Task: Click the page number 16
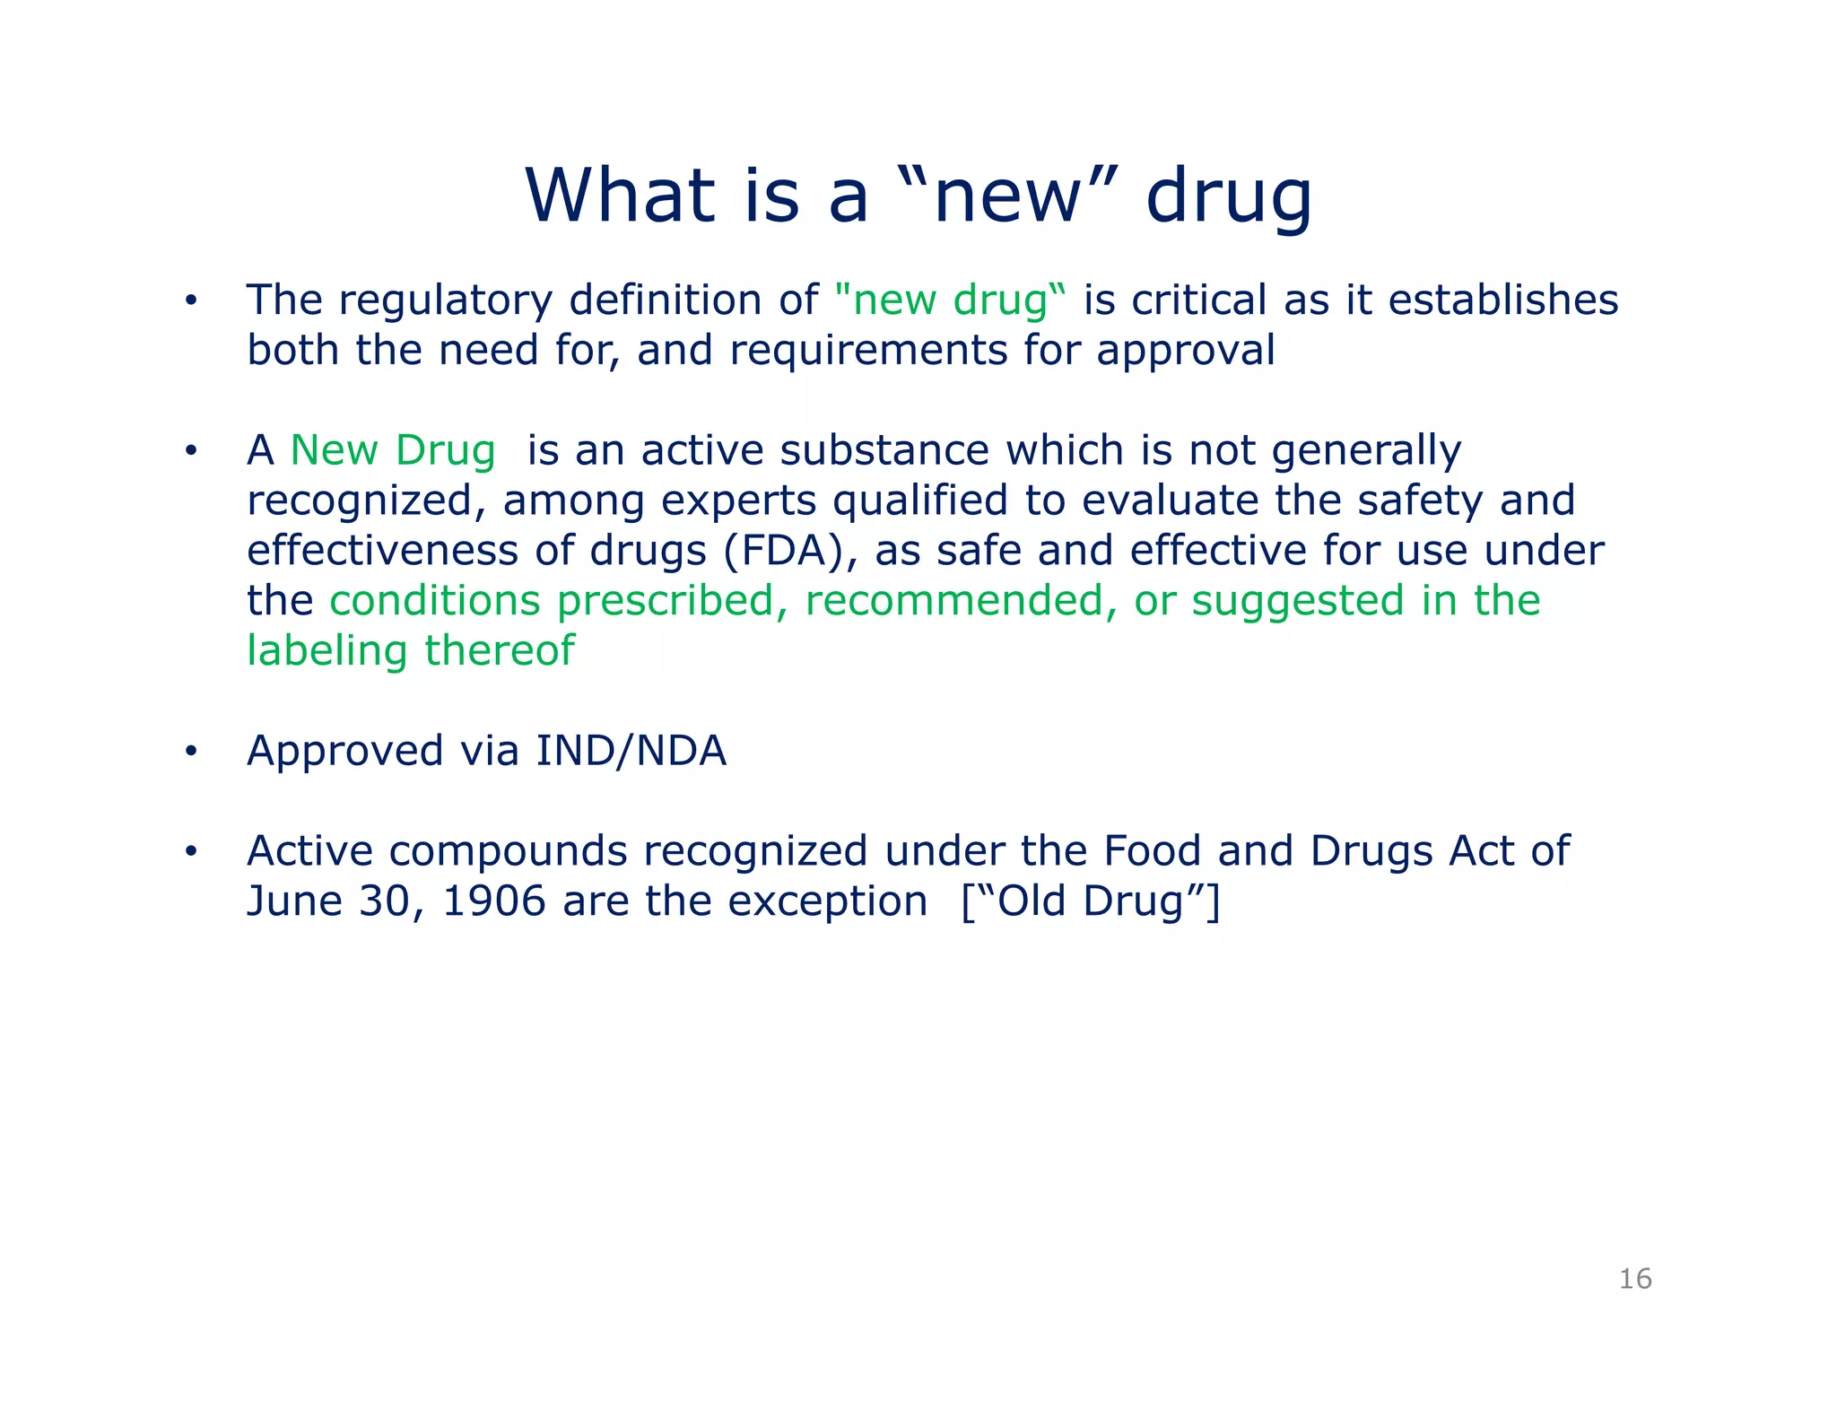[x=1635, y=1278]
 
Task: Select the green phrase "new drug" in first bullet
[x=951, y=300]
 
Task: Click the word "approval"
[x=1186, y=350]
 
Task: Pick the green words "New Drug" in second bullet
[x=393, y=450]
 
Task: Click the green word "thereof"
[x=500, y=651]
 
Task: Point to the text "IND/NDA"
[x=631, y=751]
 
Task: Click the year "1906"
[x=494, y=901]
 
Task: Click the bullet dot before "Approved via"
[x=190, y=753]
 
